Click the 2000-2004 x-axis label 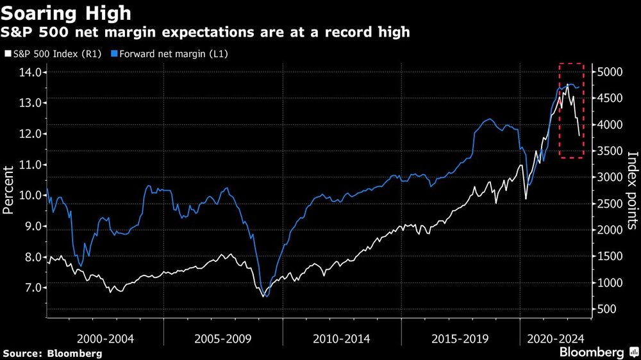[x=104, y=338]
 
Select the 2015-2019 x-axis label [x=460, y=338]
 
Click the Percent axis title [x=10, y=190]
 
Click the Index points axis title [x=632, y=190]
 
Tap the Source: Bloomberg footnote [x=53, y=353]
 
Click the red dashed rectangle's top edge [x=571, y=64]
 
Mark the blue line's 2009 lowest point [x=265, y=296]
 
